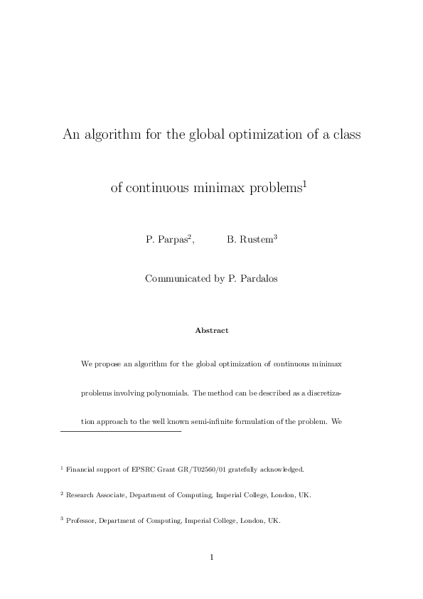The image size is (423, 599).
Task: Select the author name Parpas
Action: (x=171, y=240)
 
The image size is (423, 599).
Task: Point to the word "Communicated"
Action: (x=178, y=279)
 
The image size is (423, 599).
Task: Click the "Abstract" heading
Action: (x=211, y=330)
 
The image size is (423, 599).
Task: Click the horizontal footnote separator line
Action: (x=121, y=431)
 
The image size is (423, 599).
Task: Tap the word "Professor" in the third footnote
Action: (x=81, y=520)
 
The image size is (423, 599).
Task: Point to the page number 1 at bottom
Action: (x=211, y=557)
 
